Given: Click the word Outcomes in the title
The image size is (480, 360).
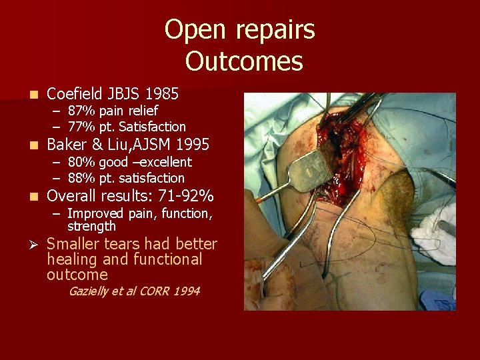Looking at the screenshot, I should [244, 61].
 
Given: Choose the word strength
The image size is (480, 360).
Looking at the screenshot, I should [91, 226].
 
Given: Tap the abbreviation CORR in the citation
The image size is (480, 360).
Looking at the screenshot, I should [157, 291].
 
